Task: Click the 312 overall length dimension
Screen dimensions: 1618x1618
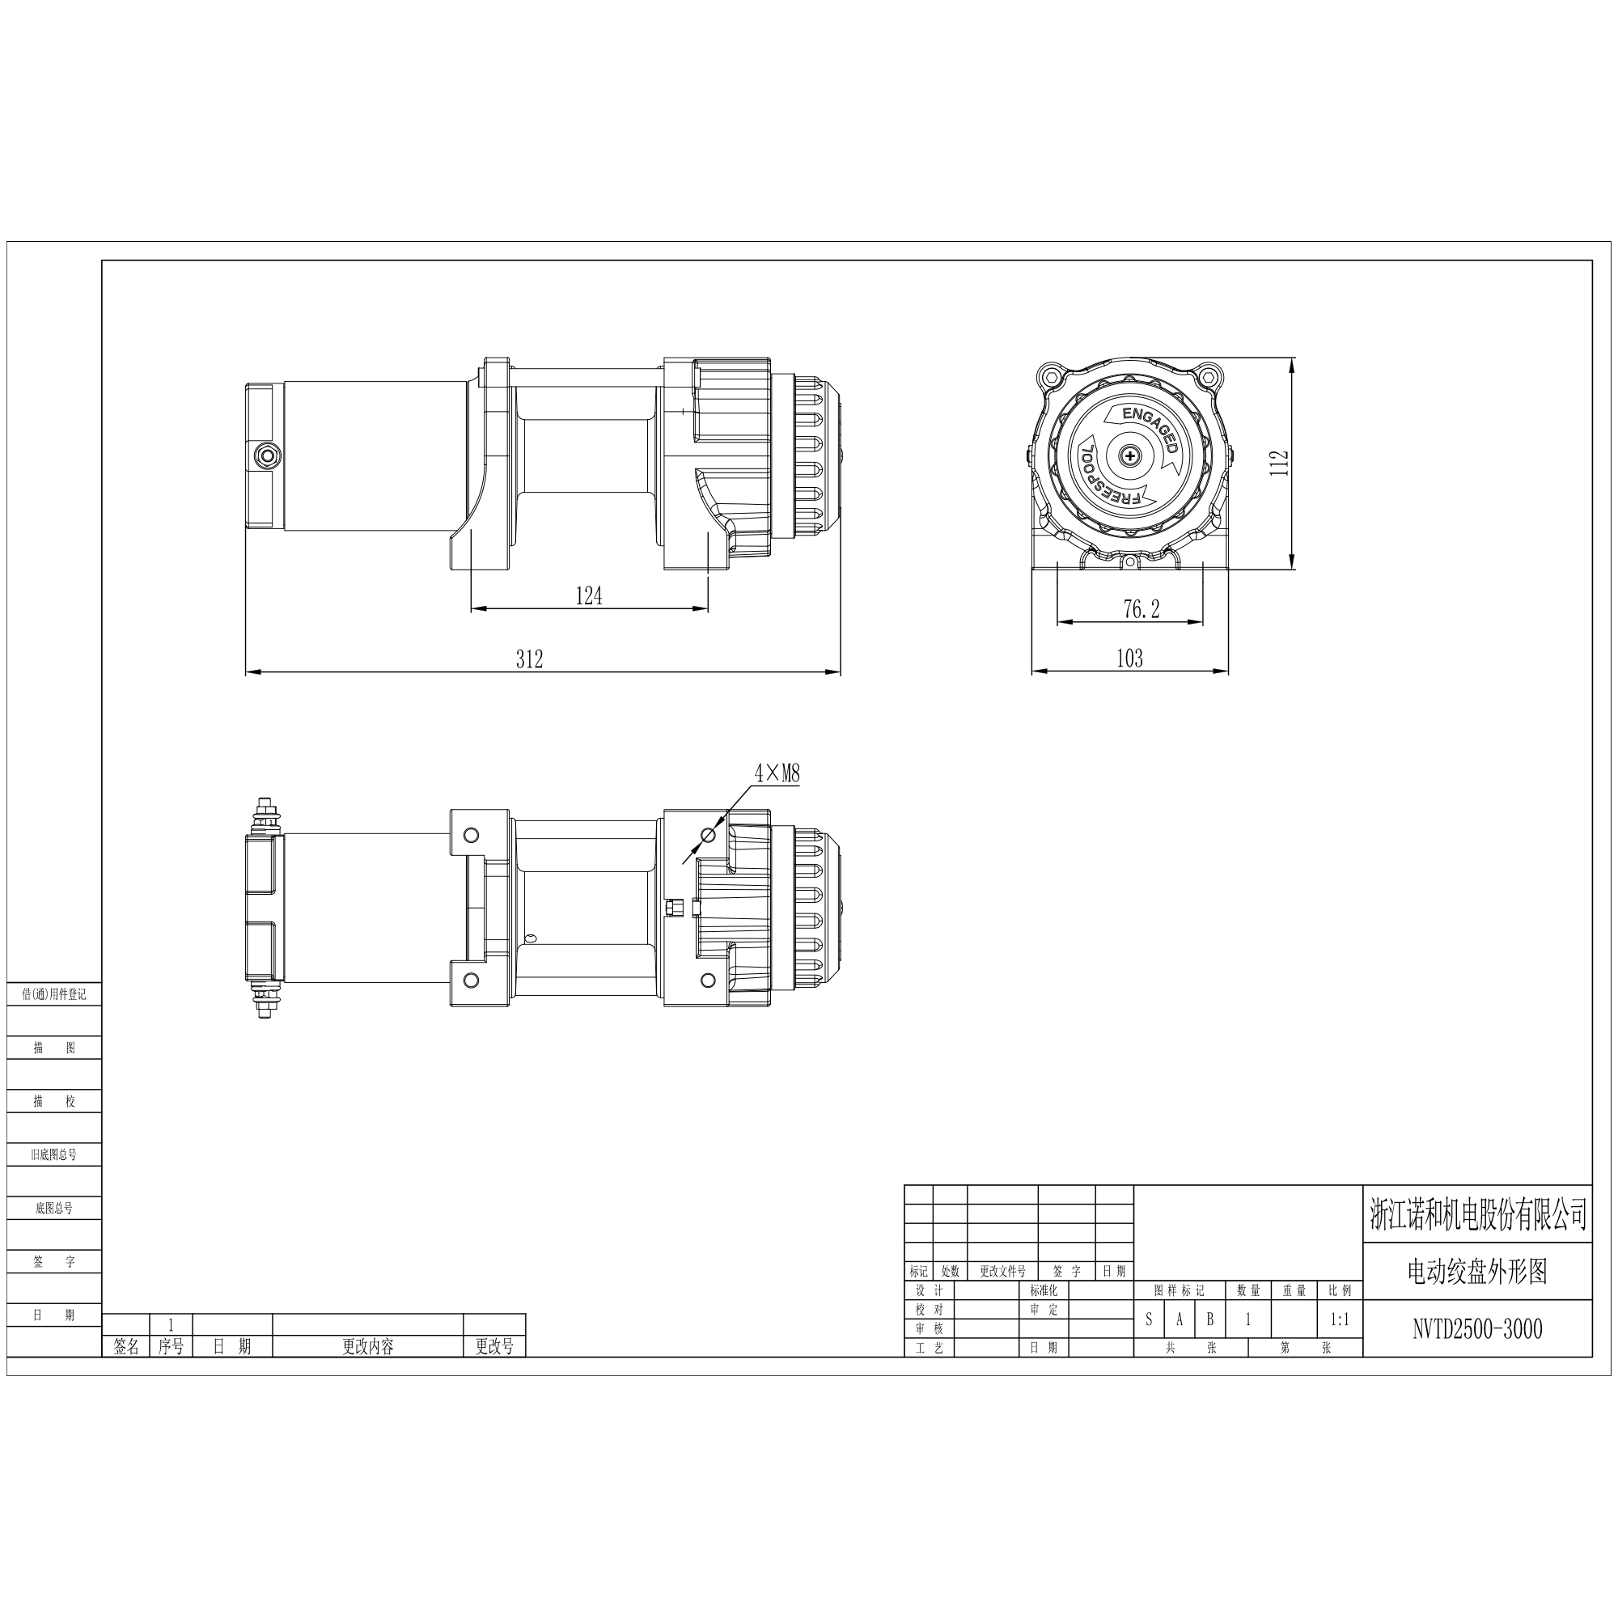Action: [529, 659]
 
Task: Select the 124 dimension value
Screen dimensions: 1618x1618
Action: [589, 595]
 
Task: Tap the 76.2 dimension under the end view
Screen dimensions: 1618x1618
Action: [1141, 609]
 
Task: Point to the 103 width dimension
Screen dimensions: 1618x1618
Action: [1129, 659]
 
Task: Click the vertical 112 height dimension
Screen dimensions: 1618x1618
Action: [1279, 463]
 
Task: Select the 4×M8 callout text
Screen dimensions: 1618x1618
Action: [777, 773]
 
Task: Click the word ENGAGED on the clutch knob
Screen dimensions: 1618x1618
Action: [1151, 428]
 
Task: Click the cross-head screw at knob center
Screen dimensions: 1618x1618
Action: [1131, 455]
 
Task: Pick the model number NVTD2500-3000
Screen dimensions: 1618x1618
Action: [1477, 1329]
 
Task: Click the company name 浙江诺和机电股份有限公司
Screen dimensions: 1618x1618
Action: [1477, 1214]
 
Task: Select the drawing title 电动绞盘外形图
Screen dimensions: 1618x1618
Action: [1477, 1272]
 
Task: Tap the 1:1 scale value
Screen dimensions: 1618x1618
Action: [1340, 1319]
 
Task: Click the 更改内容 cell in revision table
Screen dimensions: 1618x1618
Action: [367, 1346]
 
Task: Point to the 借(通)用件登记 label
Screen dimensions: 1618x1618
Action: [54, 994]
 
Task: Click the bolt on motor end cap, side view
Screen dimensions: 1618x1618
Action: [268, 455]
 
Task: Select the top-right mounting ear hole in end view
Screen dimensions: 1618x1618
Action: [1207, 377]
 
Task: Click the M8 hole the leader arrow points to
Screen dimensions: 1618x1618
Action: [709, 835]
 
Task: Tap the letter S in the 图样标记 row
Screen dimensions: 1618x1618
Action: [1149, 1319]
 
